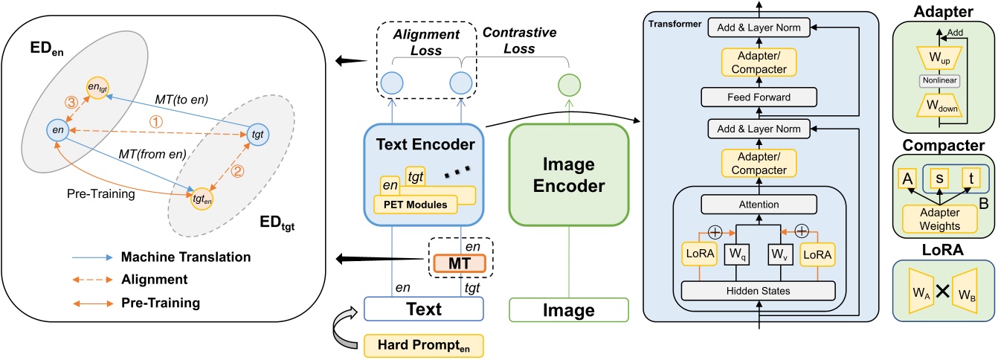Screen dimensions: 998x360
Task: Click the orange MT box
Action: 460,263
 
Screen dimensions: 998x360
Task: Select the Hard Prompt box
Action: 424,345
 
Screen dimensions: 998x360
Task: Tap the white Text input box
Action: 424,309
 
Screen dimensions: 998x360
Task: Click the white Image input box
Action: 569,310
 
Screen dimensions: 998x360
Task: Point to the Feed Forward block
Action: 759,97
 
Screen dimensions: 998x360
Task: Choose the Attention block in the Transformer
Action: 759,205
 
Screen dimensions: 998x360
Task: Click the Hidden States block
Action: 758,291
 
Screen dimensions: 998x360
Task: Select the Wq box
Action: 737,254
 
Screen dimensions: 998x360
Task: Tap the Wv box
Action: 780,254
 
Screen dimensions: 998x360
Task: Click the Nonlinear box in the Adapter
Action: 940,80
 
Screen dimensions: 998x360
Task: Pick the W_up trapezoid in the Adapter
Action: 940,58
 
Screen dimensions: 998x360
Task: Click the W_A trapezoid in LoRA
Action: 921,292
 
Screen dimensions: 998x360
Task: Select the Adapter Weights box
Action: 940,219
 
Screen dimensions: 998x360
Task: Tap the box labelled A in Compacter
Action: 907,179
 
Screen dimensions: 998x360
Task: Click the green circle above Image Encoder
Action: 570,85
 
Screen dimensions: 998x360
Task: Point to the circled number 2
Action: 237,171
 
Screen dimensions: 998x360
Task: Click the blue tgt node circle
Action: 257,134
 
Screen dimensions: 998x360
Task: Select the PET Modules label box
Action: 415,205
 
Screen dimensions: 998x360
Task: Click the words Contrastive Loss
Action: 520,40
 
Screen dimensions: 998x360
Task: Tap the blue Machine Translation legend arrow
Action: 93,257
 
